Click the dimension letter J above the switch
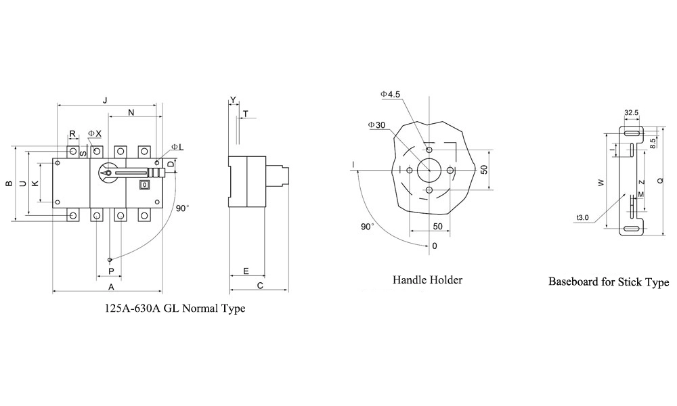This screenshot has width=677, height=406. [105, 99]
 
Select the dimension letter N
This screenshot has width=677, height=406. [131, 112]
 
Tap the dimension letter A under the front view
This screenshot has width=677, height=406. [110, 286]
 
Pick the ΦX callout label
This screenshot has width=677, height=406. [95, 134]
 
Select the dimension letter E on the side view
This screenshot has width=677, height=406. [246, 271]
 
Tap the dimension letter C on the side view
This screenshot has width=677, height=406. [260, 286]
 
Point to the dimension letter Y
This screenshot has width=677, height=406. [233, 100]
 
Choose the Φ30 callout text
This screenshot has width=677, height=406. [377, 125]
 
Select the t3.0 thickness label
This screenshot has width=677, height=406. [584, 218]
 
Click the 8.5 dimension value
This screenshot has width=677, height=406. [653, 143]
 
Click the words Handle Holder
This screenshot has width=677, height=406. [428, 279]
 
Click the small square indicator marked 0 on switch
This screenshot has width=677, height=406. [144, 184]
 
